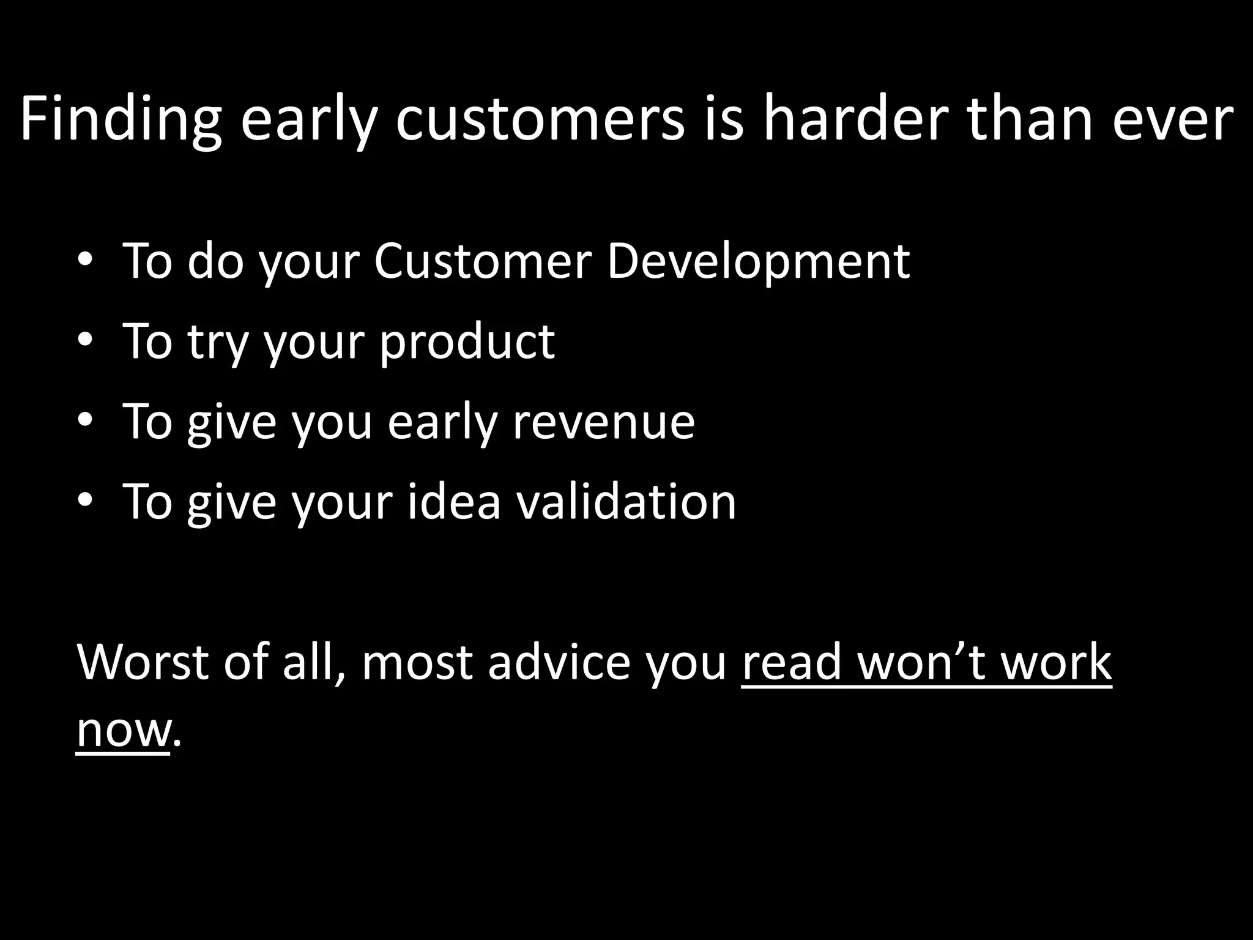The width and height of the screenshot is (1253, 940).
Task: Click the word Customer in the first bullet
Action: (482, 261)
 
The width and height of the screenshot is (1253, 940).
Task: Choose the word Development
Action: (758, 261)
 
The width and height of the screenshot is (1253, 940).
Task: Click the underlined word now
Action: (122, 731)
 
